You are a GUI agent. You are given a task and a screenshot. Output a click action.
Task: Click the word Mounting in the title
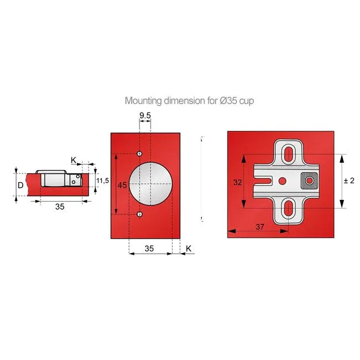point(143,101)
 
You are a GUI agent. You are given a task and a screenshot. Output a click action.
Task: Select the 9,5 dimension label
point(145,115)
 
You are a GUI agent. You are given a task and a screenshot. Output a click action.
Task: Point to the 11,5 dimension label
point(103,181)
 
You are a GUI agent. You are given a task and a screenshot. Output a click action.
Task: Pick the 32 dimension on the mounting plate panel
point(237,181)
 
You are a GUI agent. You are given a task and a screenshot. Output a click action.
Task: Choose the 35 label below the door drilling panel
point(149,249)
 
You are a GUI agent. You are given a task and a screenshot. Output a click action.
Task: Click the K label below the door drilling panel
point(188,249)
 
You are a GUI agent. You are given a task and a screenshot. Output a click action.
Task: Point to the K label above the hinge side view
point(74,160)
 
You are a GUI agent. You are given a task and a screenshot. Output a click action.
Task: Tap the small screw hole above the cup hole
point(140,153)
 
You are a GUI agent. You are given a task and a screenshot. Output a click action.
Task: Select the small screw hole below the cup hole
point(140,214)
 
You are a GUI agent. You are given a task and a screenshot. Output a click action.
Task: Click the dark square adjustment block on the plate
point(308,181)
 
